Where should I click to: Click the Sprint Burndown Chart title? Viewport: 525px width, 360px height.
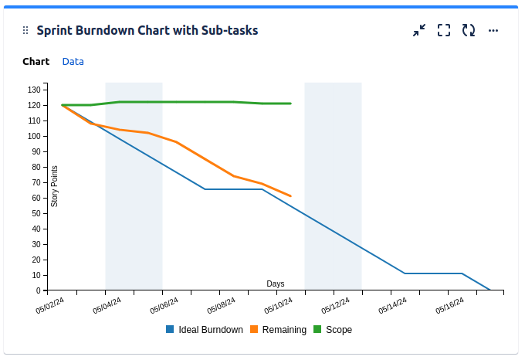pos(147,30)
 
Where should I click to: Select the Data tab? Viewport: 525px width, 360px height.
pos(73,61)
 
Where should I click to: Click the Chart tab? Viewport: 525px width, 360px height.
pos(36,61)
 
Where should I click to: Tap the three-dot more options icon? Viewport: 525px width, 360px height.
pos(493,30)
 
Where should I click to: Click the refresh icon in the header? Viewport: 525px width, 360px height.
pos(469,30)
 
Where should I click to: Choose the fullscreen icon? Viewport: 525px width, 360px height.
pos(444,30)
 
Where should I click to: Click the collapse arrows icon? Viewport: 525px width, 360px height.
pos(419,30)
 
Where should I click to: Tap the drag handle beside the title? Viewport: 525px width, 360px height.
pos(25,30)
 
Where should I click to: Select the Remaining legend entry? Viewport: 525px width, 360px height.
pos(278,330)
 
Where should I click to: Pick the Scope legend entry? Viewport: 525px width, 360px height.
pos(333,330)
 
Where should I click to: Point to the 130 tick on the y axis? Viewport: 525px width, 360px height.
pos(33,90)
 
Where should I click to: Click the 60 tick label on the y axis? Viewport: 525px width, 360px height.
pos(36,198)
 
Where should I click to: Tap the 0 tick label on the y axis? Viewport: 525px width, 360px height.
pos(38,290)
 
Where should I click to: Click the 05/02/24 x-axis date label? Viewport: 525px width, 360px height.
pos(50,307)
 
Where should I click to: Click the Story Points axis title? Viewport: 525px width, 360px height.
pos(55,186)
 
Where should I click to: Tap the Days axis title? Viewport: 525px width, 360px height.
pos(276,284)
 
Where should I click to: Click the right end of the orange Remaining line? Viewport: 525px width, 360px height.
pos(290,196)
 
